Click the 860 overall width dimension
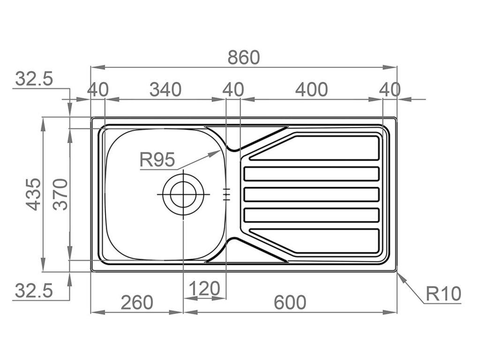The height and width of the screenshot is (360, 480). point(243,57)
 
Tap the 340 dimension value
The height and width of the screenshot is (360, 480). point(165,89)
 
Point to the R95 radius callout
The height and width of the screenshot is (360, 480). point(157,161)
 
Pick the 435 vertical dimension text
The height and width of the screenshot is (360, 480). point(33,194)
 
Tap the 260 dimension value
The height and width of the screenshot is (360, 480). point(137,302)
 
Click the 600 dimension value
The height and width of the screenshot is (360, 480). point(290,302)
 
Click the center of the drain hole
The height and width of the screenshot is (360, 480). point(182,194)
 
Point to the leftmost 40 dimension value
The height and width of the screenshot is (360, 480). point(98,89)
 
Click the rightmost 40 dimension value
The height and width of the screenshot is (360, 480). point(390,89)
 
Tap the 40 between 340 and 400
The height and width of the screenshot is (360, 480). point(233,89)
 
